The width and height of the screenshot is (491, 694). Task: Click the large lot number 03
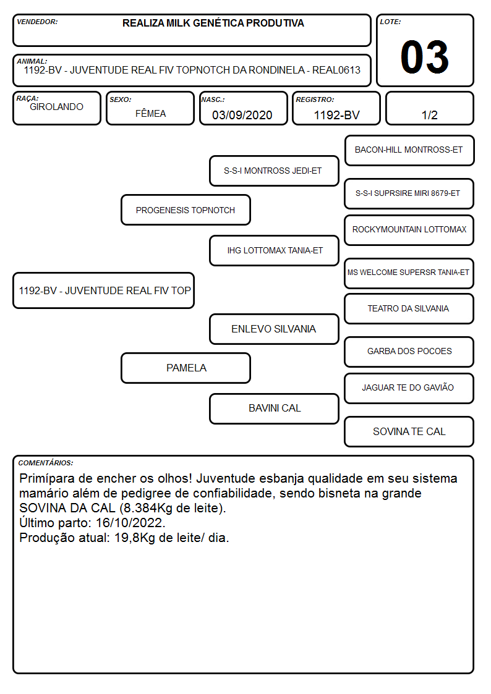coord(425,57)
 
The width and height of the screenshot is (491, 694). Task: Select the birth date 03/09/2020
coord(242,115)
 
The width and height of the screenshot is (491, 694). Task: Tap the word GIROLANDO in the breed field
coord(56,107)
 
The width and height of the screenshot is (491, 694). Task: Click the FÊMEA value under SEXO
coord(150,113)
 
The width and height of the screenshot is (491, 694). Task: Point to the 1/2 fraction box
coord(429,108)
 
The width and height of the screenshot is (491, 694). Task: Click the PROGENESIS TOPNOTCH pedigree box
coord(186,209)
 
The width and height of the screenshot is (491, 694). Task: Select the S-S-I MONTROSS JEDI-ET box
coord(274,171)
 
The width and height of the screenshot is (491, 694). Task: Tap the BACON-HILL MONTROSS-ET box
coord(409,151)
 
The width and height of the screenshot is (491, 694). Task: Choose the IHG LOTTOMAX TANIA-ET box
coord(274,250)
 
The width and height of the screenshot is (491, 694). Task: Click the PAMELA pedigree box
coord(186,368)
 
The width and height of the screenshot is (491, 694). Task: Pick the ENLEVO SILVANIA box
coord(274,329)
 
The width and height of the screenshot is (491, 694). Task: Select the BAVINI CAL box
coord(274,408)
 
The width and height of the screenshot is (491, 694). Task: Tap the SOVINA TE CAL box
coord(409,431)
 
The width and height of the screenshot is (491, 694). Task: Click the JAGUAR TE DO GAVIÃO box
coord(409,388)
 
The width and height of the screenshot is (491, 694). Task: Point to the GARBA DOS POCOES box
coord(409,352)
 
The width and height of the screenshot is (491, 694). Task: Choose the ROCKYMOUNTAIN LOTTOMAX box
coord(409,230)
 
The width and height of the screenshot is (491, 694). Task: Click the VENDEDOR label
coord(37,22)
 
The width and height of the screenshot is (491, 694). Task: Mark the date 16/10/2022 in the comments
coord(130,523)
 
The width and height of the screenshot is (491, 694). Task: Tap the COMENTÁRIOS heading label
coord(46,463)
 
